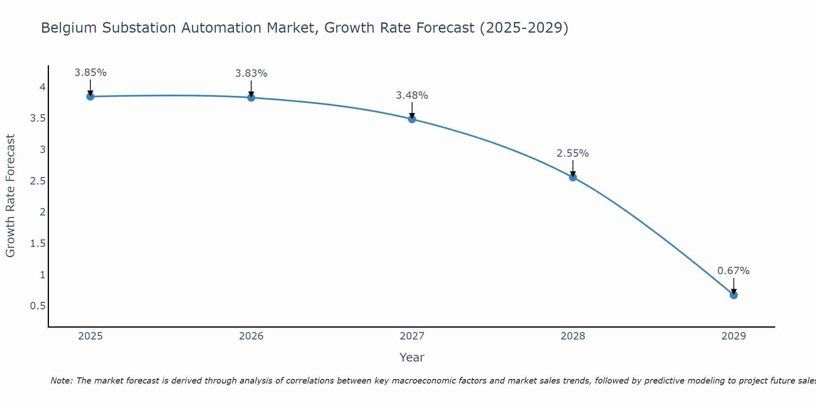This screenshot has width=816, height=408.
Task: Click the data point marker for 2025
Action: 90,97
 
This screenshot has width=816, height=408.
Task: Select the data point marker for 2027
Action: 412,119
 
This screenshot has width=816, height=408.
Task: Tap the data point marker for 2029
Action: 733,295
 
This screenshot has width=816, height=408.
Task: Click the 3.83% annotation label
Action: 251,73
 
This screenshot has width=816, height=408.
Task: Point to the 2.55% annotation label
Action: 572,153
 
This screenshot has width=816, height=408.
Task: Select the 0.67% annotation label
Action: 733,271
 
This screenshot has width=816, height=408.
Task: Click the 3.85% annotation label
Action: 90,73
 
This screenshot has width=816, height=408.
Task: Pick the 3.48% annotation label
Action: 412,95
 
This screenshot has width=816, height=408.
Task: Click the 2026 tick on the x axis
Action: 251,336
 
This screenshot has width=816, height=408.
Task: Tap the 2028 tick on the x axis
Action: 572,336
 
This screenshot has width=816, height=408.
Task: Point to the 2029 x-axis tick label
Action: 733,336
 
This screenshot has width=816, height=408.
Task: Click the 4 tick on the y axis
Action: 42,87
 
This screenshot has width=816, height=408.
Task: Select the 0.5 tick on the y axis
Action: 38,306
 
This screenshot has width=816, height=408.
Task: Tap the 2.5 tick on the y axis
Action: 38,181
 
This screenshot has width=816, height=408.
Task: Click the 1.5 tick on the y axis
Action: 38,244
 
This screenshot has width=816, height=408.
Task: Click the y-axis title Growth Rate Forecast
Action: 11,196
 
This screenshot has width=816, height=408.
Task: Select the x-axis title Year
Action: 412,357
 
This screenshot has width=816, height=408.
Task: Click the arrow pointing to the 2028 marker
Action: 572,168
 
